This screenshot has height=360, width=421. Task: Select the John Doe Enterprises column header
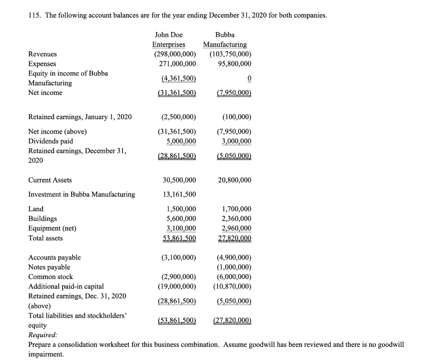pos(169,39)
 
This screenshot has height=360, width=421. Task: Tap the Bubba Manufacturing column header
pos(225,39)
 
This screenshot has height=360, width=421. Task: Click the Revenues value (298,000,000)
pos(175,54)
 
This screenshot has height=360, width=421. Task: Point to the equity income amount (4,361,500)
pos(177,78)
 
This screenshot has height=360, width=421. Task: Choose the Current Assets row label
pos(50,180)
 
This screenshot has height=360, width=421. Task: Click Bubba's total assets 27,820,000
pos(234,238)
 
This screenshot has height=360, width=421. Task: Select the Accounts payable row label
pos(54,257)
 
